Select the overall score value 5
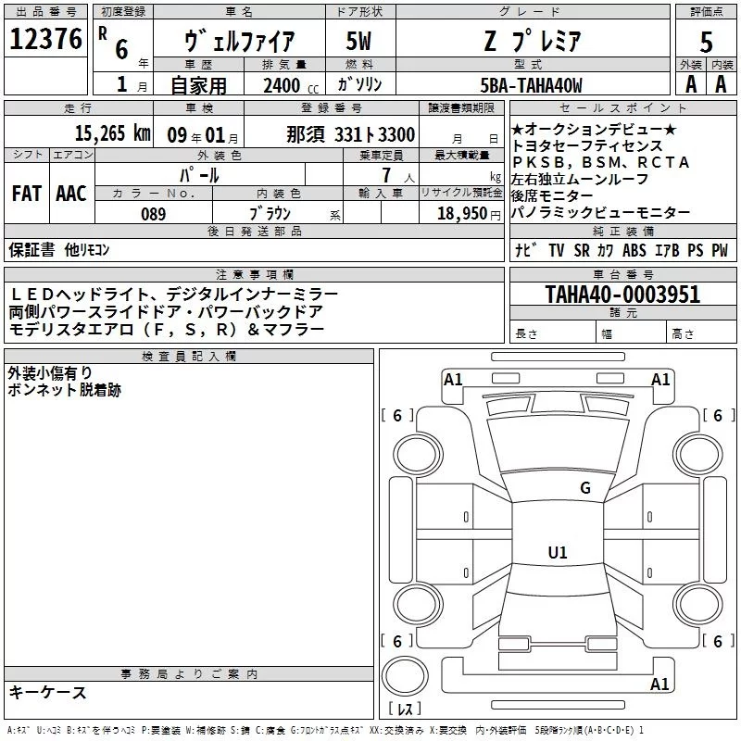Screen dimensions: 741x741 706,42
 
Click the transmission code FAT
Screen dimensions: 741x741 26,194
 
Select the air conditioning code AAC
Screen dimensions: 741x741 70,194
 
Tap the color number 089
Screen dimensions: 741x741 153,214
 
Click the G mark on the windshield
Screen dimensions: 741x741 584,488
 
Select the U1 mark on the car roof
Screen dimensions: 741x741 557,553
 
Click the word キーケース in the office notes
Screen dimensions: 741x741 47,693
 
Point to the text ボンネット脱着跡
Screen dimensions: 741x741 64,390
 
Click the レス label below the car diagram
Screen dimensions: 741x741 405,710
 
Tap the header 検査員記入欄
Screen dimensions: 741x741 189,356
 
